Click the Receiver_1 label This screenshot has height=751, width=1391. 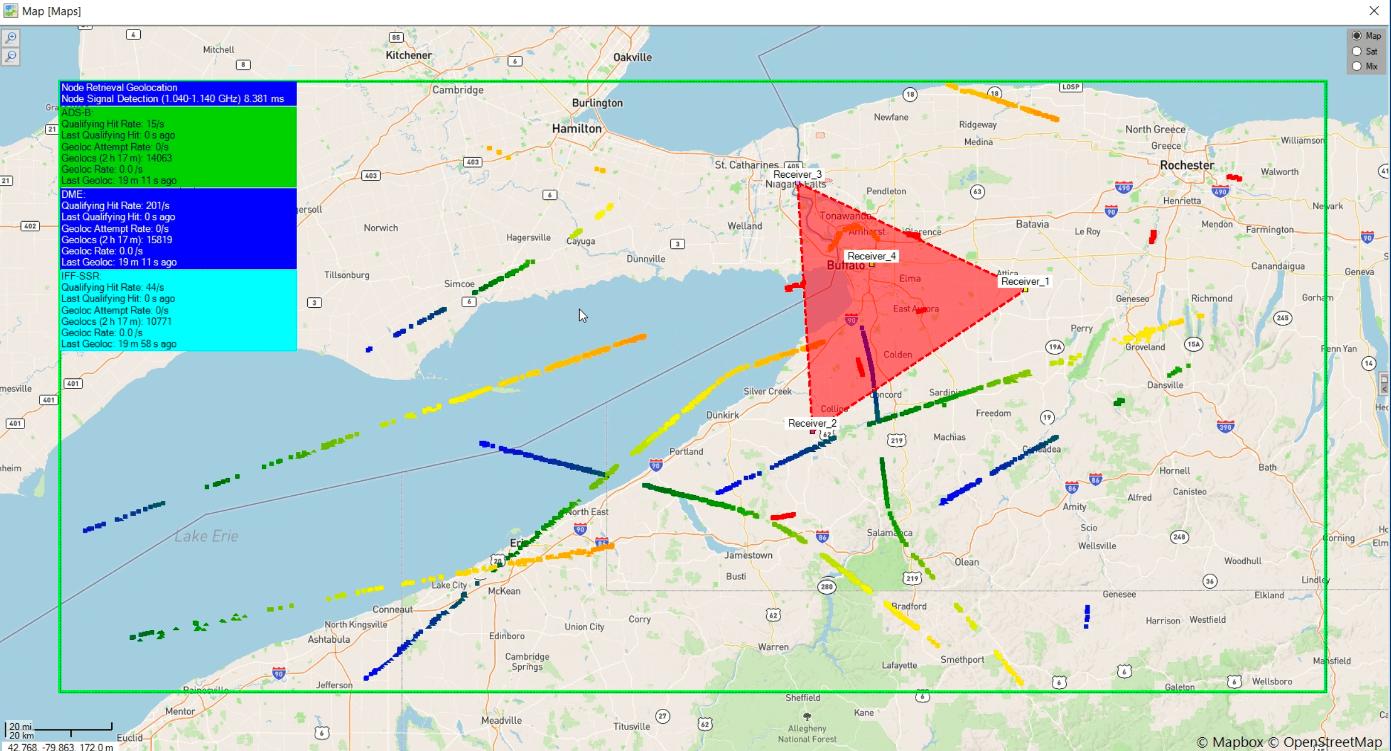[1024, 281]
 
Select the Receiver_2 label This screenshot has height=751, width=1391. [812, 423]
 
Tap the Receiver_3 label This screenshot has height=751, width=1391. [797, 174]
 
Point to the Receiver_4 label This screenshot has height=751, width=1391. [871, 256]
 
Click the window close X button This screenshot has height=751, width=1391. [1374, 11]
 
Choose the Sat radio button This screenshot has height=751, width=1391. [1357, 51]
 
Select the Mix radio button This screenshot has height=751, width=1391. [1357, 66]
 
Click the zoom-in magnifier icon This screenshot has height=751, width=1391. [11, 38]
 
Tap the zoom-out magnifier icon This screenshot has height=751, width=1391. [11, 56]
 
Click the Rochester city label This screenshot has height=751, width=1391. [1187, 165]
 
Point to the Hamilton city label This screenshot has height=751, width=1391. [576, 129]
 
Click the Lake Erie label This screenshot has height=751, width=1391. [206, 536]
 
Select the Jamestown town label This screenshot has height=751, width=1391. [748, 555]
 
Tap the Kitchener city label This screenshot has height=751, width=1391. [408, 55]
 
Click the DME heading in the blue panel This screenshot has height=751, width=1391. [73, 194]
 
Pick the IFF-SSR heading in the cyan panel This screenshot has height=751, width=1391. [81, 276]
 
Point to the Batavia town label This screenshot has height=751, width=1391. [1032, 224]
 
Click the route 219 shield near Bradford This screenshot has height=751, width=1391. [912, 578]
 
